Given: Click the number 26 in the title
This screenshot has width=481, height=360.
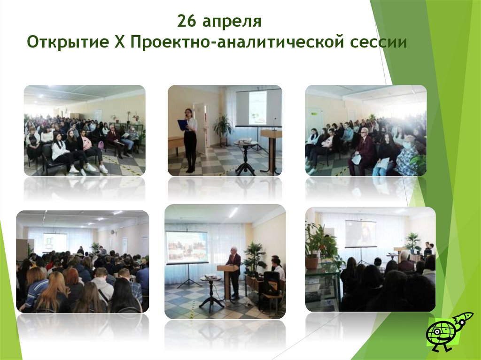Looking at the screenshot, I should tap(187, 22).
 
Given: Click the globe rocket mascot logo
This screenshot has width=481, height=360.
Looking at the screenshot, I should tap(449, 331).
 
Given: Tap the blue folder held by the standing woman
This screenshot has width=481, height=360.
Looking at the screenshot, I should tap(183, 124).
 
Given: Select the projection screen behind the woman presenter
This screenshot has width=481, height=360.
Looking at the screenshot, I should tap(258, 108).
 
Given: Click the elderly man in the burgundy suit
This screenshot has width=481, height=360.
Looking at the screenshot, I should tap(363, 150).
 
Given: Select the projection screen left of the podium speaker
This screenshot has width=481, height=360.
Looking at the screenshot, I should tap(186, 247).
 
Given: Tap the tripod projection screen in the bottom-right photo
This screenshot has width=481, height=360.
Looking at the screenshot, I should tap(360, 235).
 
